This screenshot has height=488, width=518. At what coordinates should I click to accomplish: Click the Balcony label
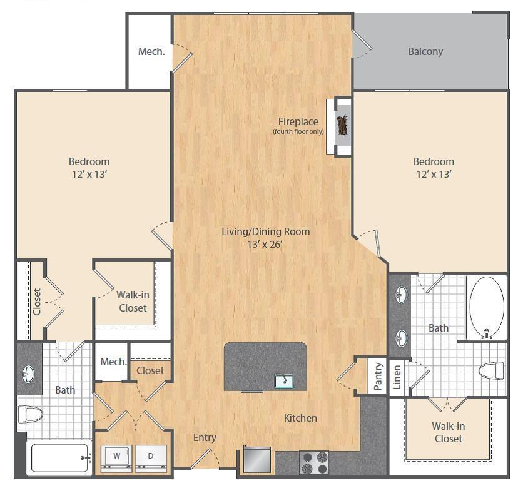(425, 52)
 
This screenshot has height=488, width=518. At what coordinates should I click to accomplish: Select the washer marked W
(116, 457)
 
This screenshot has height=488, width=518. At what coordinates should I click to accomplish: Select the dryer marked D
(151, 457)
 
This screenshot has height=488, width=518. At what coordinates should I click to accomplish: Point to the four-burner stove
(315, 463)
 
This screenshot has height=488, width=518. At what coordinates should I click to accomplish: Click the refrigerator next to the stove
(257, 461)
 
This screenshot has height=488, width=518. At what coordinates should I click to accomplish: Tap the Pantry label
(378, 376)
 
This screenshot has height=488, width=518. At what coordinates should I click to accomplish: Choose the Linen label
(397, 376)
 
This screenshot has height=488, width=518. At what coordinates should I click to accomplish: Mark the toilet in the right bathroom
(491, 371)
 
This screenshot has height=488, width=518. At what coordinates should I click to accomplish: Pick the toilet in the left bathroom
(29, 414)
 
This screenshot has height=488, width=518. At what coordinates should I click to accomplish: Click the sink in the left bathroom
(29, 374)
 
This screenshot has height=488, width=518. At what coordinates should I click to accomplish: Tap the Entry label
(205, 437)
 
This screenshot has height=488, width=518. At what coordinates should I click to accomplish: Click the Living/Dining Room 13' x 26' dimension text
(265, 244)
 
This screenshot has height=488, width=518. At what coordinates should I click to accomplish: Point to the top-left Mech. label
(151, 51)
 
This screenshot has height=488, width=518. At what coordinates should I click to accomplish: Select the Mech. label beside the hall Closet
(113, 362)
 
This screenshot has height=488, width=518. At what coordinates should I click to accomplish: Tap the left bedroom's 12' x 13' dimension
(89, 174)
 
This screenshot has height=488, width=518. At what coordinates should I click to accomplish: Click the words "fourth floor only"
(298, 132)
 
